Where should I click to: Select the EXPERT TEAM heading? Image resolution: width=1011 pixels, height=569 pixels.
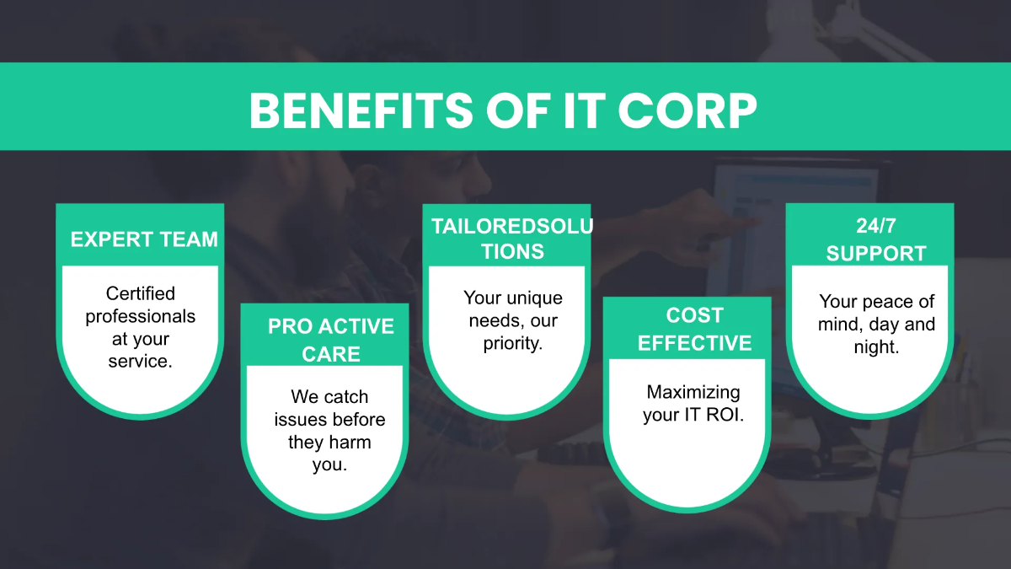[x=143, y=239]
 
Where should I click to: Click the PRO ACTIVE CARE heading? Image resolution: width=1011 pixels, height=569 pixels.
[x=330, y=340]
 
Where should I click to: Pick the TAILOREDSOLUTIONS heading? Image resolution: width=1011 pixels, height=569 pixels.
[x=511, y=239]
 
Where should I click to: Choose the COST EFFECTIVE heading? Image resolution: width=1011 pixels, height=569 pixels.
[x=694, y=329]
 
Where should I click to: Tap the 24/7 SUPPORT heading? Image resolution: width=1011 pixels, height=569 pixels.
[x=875, y=239]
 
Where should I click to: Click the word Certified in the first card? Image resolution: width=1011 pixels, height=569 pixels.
[x=141, y=293]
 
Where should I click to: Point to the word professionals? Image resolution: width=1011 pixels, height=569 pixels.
[x=141, y=316]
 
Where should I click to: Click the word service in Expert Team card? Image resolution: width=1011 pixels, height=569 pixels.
[x=138, y=362]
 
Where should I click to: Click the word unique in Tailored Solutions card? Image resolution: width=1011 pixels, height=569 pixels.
[x=532, y=298]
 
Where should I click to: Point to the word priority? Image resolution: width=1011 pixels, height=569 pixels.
[x=512, y=344]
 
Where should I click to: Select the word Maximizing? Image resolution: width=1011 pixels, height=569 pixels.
[x=693, y=392]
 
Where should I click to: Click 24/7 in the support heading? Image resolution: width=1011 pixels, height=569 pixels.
[x=875, y=225]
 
